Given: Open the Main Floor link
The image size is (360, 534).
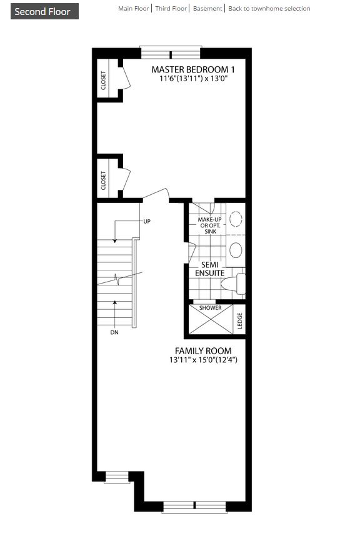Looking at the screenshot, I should (133, 9).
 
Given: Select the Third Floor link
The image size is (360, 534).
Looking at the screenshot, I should (171, 9).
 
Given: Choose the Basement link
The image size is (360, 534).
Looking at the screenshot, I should (207, 9).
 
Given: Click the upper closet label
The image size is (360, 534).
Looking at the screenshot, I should (104, 79).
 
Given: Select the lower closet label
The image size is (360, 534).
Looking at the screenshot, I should (104, 180).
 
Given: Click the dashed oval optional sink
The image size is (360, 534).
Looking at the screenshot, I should (236, 219).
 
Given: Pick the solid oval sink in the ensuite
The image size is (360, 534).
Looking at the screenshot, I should (236, 250).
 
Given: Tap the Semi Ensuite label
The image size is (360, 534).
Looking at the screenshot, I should (210, 269).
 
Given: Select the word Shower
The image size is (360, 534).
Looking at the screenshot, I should (210, 309).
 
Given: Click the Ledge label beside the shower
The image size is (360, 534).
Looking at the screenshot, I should (239, 321).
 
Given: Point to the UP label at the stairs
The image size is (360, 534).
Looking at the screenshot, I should (147, 222).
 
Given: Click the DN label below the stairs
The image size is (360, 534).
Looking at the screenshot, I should (114, 332).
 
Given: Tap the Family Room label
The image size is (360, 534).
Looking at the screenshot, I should (203, 351).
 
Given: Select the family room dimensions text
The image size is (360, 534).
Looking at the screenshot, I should (203, 360).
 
